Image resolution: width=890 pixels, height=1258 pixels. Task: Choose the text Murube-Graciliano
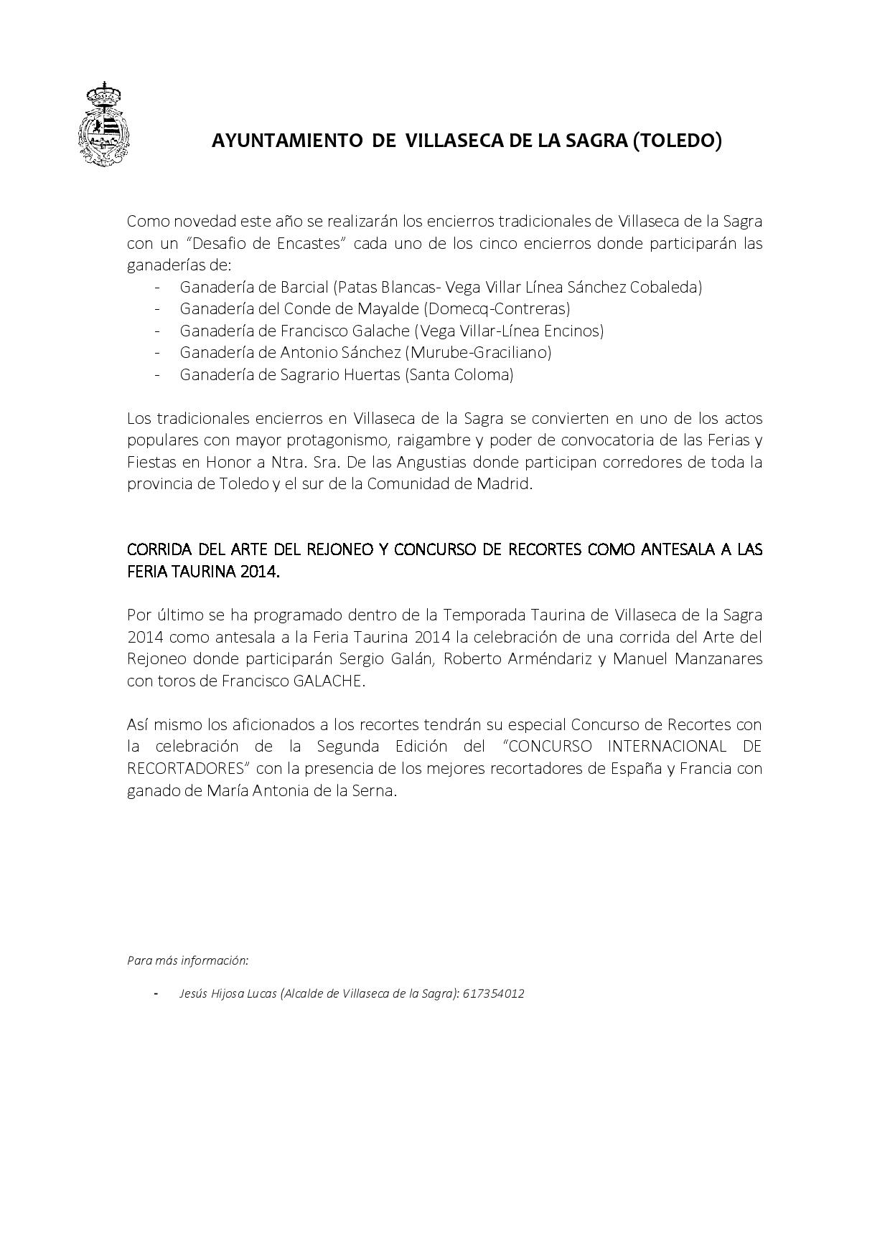pos(479,352)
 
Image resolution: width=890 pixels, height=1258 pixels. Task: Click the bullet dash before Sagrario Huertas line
pos(156,374)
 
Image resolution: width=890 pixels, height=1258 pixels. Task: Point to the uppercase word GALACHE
pos(327,681)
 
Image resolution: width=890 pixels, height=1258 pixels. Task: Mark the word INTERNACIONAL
pos(667,746)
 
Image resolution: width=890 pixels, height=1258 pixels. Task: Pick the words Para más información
pos(188,960)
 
